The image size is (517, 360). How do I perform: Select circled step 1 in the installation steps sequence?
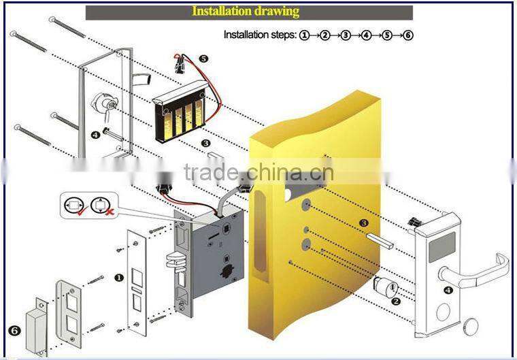[x=304, y=35]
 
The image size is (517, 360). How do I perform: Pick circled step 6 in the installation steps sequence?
[x=408, y=35]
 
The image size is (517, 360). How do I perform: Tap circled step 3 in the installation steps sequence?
[x=346, y=35]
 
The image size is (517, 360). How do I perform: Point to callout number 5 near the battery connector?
[x=203, y=59]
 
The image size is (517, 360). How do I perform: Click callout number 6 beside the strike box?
[x=13, y=331]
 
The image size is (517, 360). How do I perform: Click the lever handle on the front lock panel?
[x=477, y=270]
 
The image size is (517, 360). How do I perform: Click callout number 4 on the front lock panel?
[x=448, y=291]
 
